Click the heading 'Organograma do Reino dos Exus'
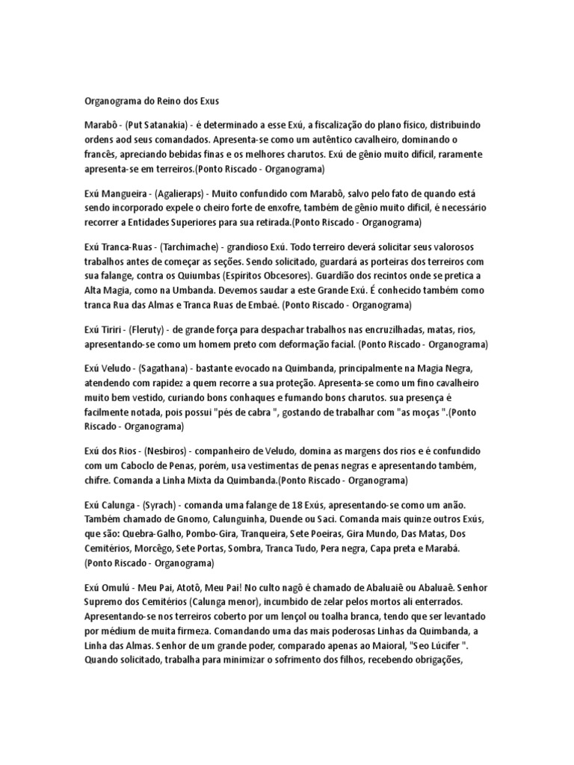click(x=151, y=99)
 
